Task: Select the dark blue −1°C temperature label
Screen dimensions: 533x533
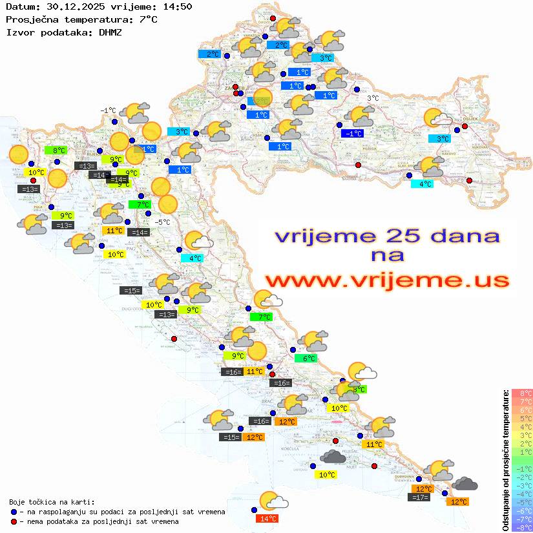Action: pos(352,134)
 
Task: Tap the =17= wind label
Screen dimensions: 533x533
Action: pos(419,497)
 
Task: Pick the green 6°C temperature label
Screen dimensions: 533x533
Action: pos(306,359)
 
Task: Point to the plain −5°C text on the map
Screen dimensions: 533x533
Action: pos(163,222)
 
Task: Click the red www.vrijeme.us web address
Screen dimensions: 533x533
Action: pos(387,280)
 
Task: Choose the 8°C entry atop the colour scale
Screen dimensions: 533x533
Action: pos(521,393)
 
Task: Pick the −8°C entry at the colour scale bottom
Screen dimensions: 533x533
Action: pos(521,527)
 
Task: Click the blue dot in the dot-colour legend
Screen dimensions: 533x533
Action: pos(14,512)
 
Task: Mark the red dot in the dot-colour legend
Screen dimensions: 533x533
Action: pos(14,521)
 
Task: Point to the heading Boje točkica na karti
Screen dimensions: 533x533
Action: pos(52,502)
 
